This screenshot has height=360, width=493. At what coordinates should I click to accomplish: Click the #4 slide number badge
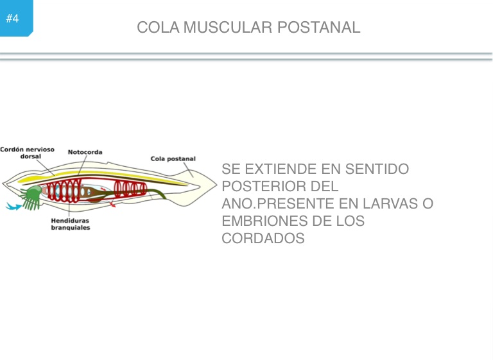[x=13, y=18]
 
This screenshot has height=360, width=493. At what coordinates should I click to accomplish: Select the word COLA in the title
[x=158, y=28]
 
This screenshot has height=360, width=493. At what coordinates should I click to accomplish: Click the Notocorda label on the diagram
[x=85, y=152]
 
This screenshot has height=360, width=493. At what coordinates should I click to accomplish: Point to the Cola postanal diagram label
[x=173, y=159]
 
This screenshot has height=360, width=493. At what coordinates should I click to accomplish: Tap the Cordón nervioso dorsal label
[x=27, y=153]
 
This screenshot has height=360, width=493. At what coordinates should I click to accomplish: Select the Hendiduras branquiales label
[x=71, y=224]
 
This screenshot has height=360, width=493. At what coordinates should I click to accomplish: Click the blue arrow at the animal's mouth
[x=13, y=207]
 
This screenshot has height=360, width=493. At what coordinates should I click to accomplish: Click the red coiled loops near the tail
[x=131, y=189]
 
